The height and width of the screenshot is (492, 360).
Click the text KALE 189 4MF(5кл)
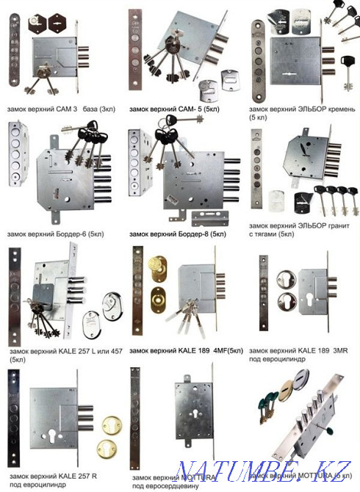coord(205,350)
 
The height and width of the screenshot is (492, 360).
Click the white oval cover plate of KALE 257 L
coord(112,310)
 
